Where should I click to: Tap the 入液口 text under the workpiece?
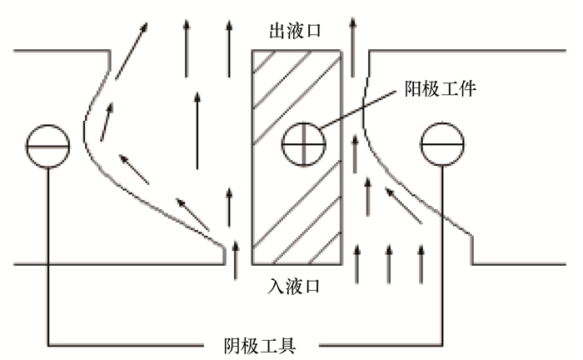[x=295, y=285]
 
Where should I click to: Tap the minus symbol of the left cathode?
[x=49, y=145]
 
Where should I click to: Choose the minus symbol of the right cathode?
[x=441, y=145]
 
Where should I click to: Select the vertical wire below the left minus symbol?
[x=49, y=250]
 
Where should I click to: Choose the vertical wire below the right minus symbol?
[x=441, y=250]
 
